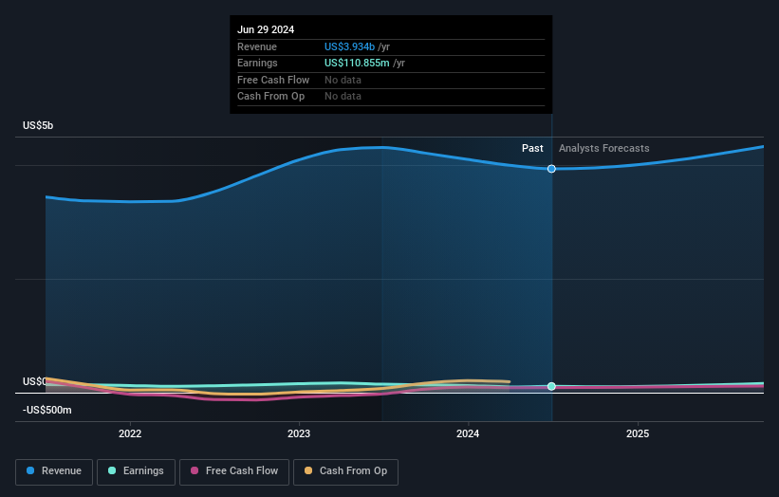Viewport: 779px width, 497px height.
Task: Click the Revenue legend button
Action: (55, 470)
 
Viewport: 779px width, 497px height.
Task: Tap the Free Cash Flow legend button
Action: (232, 470)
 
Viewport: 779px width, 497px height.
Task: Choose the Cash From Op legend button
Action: (346, 470)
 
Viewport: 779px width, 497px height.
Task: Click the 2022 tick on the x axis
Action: (130, 433)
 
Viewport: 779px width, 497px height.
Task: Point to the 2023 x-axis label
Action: (299, 433)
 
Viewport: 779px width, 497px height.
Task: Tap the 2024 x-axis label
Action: (468, 433)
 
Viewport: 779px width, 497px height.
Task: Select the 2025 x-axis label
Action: (638, 433)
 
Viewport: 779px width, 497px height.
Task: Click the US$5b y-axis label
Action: (39, 126)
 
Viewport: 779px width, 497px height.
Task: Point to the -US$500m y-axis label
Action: (47, 411)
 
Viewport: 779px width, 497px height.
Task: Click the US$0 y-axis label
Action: (34, 381)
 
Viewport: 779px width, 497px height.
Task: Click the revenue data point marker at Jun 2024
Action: (551, 169)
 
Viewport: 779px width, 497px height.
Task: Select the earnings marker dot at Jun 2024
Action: (551, 386)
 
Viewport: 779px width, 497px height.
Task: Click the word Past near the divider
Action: (532, 148)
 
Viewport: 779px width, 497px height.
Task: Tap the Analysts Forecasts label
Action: (603, 148)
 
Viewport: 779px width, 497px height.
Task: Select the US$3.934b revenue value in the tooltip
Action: (349, 46)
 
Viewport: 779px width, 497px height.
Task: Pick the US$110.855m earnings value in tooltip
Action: (358, 63)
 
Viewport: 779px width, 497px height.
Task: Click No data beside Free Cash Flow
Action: (343, 80)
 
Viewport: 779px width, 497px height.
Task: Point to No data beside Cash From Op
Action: (343, 96)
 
